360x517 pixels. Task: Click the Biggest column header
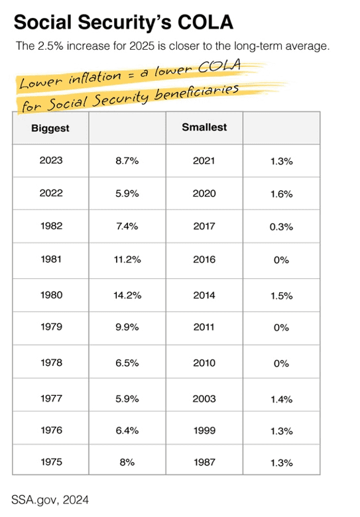tap(50, 127)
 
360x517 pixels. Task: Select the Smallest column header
tap(204, 127)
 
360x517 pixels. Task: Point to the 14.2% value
tap(127, 295)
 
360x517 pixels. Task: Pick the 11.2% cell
tap(127, 259)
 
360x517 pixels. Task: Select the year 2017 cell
tap(204, 226)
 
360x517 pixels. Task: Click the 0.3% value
tap(281, 226)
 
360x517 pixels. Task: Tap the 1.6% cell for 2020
tap(281, 194)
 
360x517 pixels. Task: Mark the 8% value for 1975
tap(127, 462)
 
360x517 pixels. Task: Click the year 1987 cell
tap(204, 462)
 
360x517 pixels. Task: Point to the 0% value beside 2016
tap(281, 260)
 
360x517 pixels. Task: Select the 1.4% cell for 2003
tap(281, 398)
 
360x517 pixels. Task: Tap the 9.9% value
tap(127, 327)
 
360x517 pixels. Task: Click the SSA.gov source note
tap(48, 498)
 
